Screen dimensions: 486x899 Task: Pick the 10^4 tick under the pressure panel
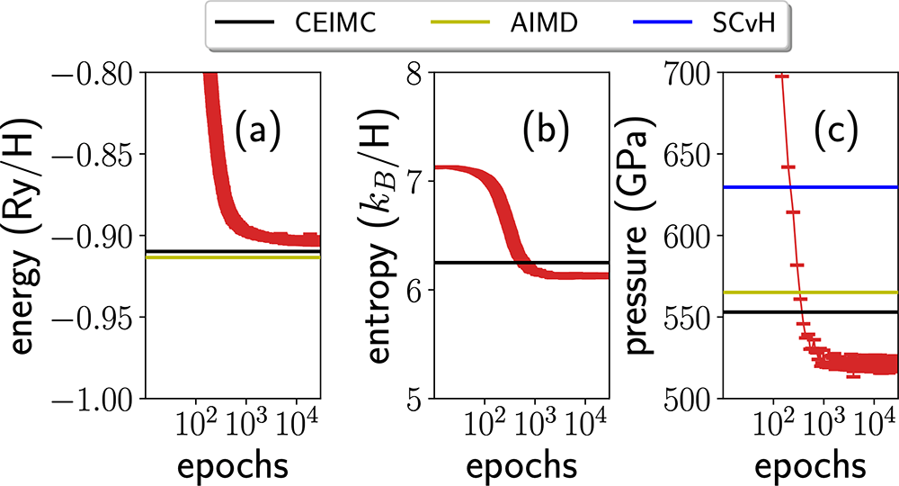point(877,420)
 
